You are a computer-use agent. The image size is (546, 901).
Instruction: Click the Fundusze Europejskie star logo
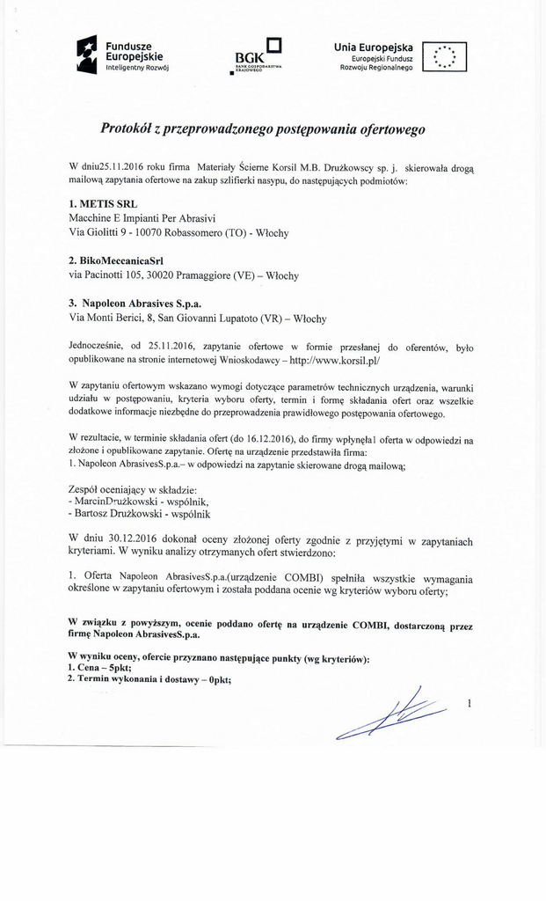[x=86, y=55]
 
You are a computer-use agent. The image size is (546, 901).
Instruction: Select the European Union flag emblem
[x=445, y=56]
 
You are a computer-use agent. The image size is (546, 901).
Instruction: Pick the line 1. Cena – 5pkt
[x=99, y=668]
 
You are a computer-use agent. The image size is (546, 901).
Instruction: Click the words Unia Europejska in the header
[x=374, y=47]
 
